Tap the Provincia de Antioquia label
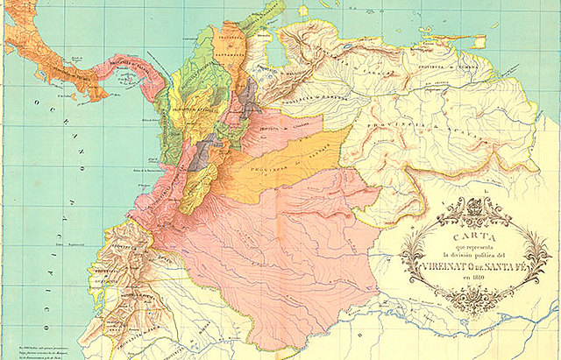(x=190, y=109)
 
